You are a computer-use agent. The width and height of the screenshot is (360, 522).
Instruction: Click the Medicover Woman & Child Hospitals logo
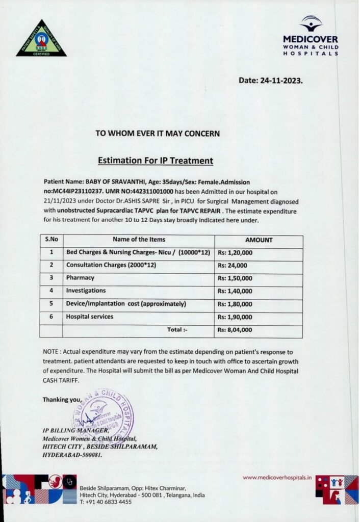click(311, 37)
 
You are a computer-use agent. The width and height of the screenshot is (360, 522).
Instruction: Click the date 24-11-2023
click(271, 80)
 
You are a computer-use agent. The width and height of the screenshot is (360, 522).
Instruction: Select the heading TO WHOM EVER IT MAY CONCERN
click(158, 134)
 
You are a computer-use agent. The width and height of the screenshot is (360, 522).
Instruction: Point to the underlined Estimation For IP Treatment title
click(155, 161)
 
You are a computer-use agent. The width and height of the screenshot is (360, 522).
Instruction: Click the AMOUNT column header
click(259, 240)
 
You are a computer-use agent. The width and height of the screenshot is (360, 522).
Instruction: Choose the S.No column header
click(51, 239)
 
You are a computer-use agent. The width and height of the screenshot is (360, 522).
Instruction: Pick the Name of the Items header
click(139, 239)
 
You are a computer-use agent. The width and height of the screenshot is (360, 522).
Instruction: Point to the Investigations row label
click(86, 291)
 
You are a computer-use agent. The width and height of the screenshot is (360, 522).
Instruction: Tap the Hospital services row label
click(90, 317)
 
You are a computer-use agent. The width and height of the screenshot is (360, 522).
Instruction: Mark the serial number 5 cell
click(51, 304)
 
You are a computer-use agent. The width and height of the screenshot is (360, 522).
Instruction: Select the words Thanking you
click(62, 399)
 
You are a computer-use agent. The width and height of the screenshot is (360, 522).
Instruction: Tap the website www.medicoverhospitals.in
click(277, 478)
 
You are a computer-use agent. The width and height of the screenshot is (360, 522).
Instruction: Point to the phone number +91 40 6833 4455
click(106, 502)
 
